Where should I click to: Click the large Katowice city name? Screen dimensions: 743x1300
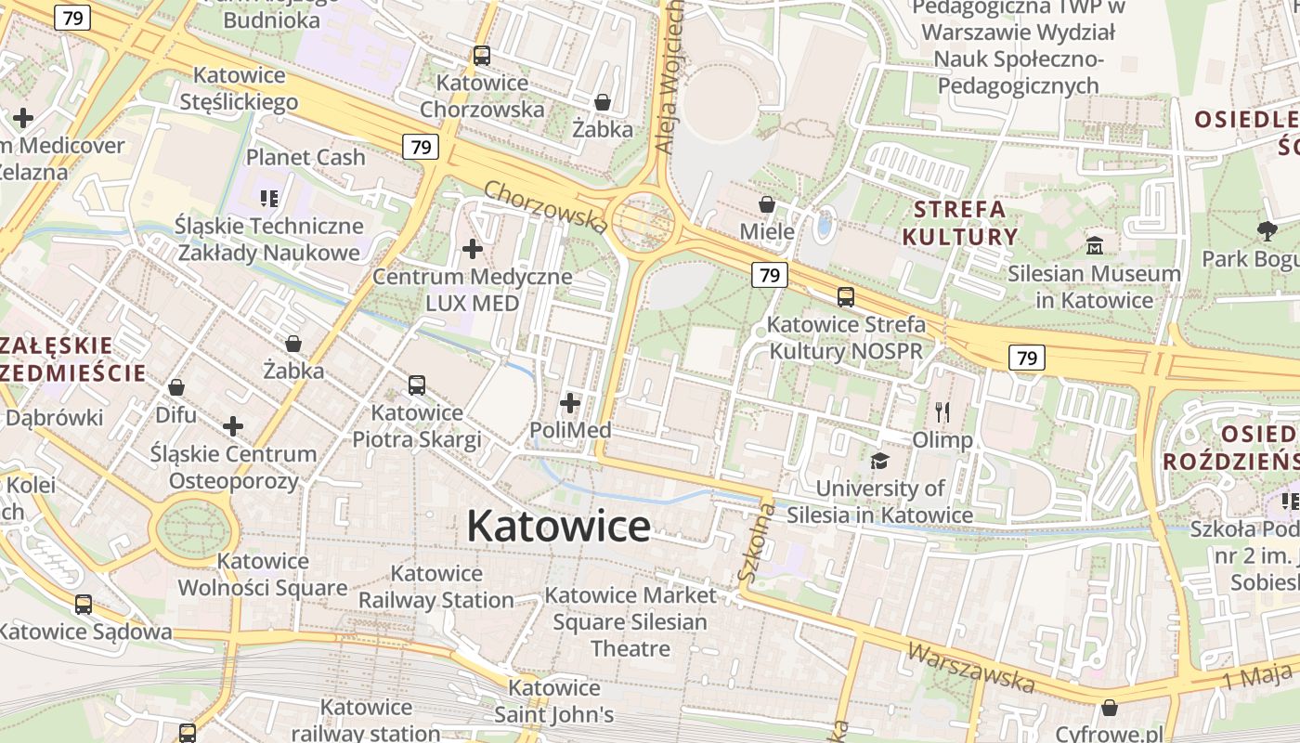point(558,527)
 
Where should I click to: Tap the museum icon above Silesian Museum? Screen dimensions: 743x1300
point(1095,246)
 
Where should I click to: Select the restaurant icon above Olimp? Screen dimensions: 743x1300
point(942,411)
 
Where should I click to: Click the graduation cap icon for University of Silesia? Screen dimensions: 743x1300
point(879,461)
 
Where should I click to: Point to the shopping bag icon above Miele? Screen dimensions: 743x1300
point(767,203)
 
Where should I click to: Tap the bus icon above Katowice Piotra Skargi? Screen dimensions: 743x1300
point(417,385)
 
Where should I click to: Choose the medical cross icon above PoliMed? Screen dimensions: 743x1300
point(570,403)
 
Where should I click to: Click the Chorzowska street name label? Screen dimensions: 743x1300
point(546,206)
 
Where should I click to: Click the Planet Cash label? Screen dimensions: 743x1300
point(305,157)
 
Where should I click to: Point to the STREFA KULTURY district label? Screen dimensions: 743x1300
point(960,222)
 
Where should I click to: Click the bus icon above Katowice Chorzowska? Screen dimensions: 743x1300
point(481,55)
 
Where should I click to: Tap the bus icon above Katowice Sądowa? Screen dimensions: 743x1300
point(84,605)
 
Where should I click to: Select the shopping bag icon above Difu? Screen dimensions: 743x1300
point(176,387)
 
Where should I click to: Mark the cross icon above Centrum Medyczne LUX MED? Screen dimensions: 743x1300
point(473,249)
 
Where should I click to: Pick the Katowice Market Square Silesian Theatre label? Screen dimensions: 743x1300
point(630,621)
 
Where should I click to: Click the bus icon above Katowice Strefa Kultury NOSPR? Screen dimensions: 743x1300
point(846,297)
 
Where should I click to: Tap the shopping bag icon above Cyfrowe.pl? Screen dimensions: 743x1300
point(1109,708)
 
